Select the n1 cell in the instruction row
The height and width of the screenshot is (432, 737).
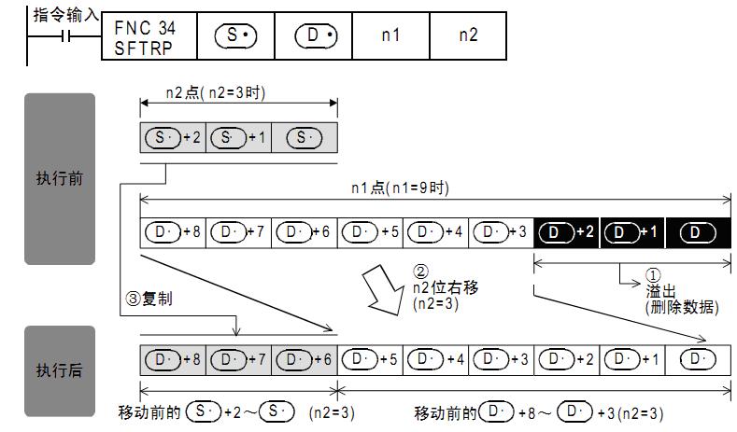pyautogui.click(x=391, y=35)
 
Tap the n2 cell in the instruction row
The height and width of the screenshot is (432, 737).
pyautogui.click(x=468, y=35)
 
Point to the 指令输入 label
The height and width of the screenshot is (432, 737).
pyautogui.click(x=64, y=13)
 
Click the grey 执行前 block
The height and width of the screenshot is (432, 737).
pyautogui.click(x=59, y=178)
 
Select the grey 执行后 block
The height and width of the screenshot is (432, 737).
pyautogui.click(x=59, y=370)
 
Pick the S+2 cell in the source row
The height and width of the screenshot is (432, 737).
pyautogui.click(x=172, y=137)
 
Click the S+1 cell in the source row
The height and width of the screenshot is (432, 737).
pyautogui.click(x=237, y=137)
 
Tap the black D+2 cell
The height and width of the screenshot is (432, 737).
pyautogui.click(x=566, y=232)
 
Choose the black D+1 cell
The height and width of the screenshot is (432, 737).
pyautogui.click(x=632, y=232)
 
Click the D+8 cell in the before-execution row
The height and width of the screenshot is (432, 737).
pyautogui.click(x=172, y=232)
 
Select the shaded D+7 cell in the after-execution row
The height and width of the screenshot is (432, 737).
pyautogui.click(x=237, y=359)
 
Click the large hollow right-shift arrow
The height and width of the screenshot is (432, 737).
pyautogui.click(x=387, y=288)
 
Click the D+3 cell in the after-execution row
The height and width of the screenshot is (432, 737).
pyautogui.click(x=502, y=359)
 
